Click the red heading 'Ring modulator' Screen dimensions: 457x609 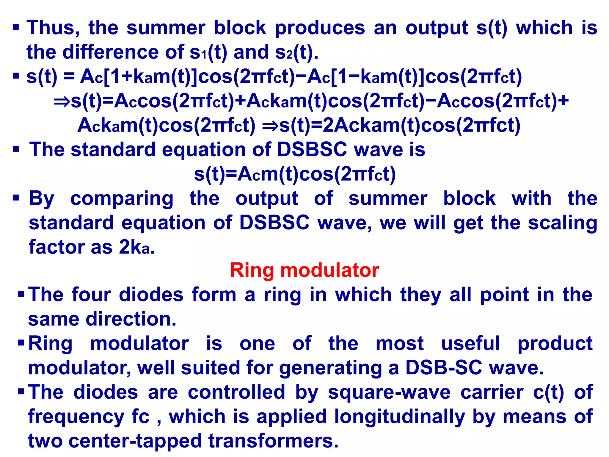(x=304, y=270)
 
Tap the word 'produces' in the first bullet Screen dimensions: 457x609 (x=320, y=28)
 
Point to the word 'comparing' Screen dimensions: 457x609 (x=122, y=199)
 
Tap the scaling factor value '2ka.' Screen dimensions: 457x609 (x=137, y=248)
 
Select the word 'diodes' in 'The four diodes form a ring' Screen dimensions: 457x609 (x=151, y=295)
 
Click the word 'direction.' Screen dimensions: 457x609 (x=131, y=319)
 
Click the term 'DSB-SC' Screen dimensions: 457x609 (x=443, y=368)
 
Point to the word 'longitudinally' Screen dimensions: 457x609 (x=400, y=417)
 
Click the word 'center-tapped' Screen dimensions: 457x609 (x=135, y=441)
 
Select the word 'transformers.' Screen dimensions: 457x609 (x=273, y=441)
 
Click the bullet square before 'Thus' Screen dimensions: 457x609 (x=16, y=28)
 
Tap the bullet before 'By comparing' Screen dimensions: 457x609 (x=16, y=198)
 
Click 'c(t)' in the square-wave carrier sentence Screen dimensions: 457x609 (x=548, y=392)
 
